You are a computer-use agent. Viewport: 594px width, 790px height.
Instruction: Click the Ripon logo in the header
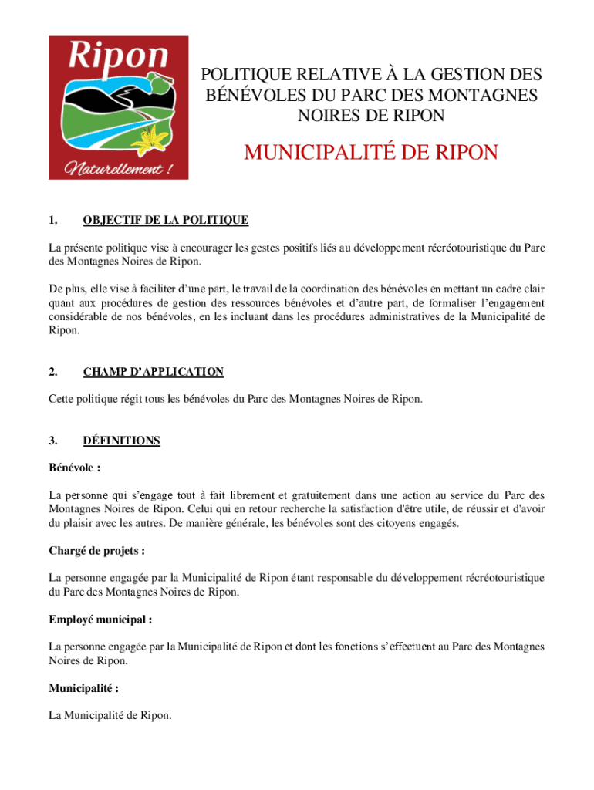(x=118, y=107)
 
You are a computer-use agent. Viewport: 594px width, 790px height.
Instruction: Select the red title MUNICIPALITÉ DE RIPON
(x=371, y=153)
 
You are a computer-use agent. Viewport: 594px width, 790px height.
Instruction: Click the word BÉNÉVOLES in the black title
(x=247, y=96)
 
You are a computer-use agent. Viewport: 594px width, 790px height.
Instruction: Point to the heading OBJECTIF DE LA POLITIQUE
(x=165, y=221)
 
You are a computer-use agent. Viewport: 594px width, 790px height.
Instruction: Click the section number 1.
(x=53, y=221)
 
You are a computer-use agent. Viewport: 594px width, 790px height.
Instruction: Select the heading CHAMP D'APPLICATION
(x=153, y=372)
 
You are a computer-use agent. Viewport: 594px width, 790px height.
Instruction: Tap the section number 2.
(x=53, y=372)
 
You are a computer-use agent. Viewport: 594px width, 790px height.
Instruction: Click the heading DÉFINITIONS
(x=121, y=441)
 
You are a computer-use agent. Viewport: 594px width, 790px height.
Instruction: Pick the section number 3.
(x=53, y=441)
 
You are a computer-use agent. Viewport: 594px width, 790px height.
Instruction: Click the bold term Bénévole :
(x=75, y=468)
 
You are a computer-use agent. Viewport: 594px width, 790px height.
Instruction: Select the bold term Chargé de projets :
(x=97, y=551)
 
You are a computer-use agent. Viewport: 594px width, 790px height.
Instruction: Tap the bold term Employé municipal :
(x=100, y=620)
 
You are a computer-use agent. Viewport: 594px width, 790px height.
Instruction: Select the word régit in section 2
(x=125, y=400)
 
